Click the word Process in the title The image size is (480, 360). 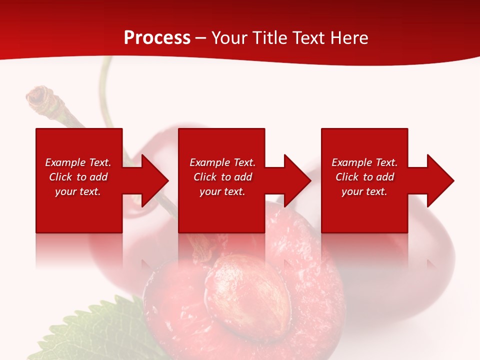pyautogui.click(x=157, y=38)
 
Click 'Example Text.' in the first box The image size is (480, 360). pyautogui.click(x=78, y=162)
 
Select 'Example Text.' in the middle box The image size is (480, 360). pyautogui.click(x=222, y=162)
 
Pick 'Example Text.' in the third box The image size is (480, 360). pyautogui.click(x=364, y=162)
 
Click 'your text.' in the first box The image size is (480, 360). pyautogui.click(x=78, y=191)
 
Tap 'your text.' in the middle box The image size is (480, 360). pyautogui.click(x=222, y=191)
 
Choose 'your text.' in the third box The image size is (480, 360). pyautogui.click(x=364, y=191)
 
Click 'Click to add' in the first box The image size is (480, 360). pyautogui.click(x=78, y=177)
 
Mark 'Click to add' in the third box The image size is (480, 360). pyautogui.click(x=364, y=177)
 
